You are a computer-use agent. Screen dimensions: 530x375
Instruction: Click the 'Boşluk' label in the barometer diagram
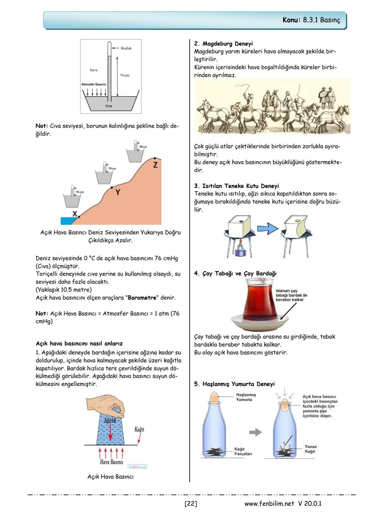pos(126,48)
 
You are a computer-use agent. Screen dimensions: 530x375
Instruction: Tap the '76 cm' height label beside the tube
pos(124,75)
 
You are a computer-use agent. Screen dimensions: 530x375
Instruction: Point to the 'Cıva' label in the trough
pos(109,106)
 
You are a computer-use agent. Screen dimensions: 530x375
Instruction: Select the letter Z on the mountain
pos(155,165)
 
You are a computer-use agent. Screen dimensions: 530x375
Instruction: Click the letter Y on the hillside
pos(118,192)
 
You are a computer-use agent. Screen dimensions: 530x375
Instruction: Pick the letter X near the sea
pos(75,214)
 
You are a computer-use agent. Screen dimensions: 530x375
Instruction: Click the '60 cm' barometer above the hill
pos(136,152)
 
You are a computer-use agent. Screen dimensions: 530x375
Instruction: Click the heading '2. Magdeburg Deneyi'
pos(223,44)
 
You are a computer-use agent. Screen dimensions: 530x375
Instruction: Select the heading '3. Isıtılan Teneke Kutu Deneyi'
pos(236,186)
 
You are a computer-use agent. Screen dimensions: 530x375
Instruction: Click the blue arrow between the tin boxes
pos(268,229)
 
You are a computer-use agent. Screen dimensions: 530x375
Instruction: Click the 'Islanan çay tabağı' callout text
pos(291,295)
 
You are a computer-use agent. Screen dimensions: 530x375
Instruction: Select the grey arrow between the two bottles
pos(256,432)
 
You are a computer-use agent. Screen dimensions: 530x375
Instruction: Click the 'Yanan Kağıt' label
pos(310,449)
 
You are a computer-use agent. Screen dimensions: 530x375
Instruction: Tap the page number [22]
pos(191,504)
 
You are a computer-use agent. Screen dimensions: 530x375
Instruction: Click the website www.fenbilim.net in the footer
pos(269,504)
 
